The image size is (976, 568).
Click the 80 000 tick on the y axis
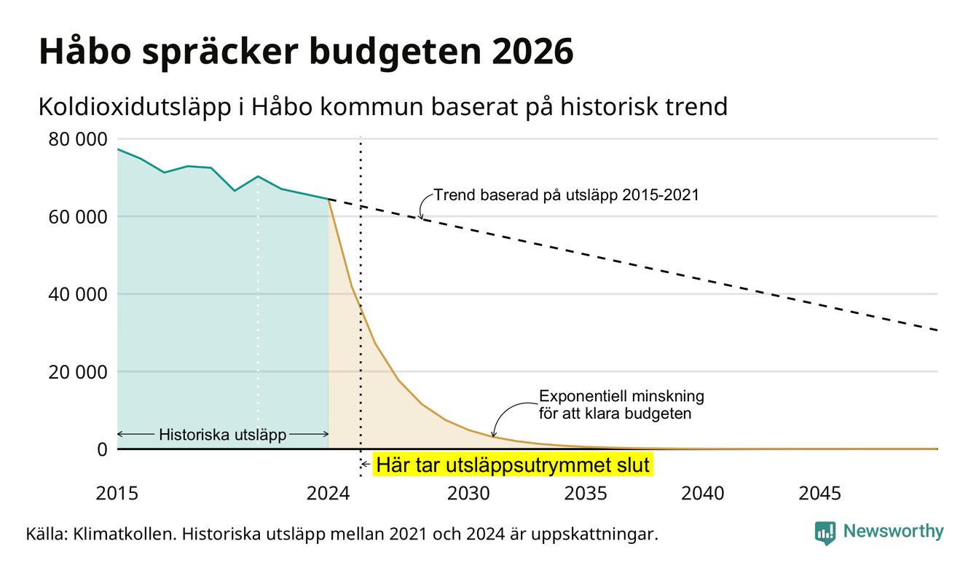[77, 139]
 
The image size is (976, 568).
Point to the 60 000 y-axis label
[77, 217]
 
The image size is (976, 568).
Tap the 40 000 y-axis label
[77, 294]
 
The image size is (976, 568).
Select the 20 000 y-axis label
[77, 372]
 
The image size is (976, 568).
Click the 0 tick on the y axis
[102, 449]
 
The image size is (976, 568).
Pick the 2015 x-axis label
[117, 494]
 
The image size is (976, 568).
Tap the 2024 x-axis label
[328, 494]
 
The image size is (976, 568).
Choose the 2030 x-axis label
[469, 494]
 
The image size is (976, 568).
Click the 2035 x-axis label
[586, 494]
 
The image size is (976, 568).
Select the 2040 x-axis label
[703, 494]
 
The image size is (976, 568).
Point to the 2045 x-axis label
[819, 494]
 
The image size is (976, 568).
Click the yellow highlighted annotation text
[513, 465]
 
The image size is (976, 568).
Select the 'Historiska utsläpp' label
[222, 435]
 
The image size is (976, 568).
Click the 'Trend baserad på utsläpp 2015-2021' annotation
[566, 194]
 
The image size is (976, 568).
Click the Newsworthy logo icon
[825, 533]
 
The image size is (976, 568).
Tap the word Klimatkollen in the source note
[124, 534]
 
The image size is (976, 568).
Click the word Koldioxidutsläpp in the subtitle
[135, 108]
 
